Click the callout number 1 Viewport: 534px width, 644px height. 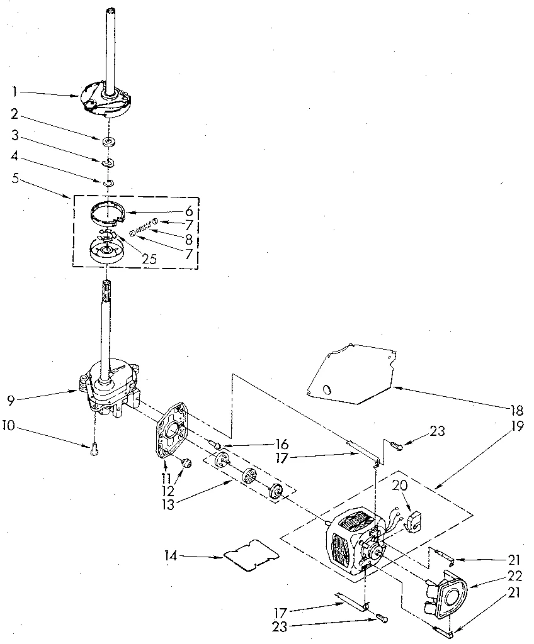14,91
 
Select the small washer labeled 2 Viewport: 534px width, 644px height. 109,140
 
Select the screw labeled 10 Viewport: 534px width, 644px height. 93,447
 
